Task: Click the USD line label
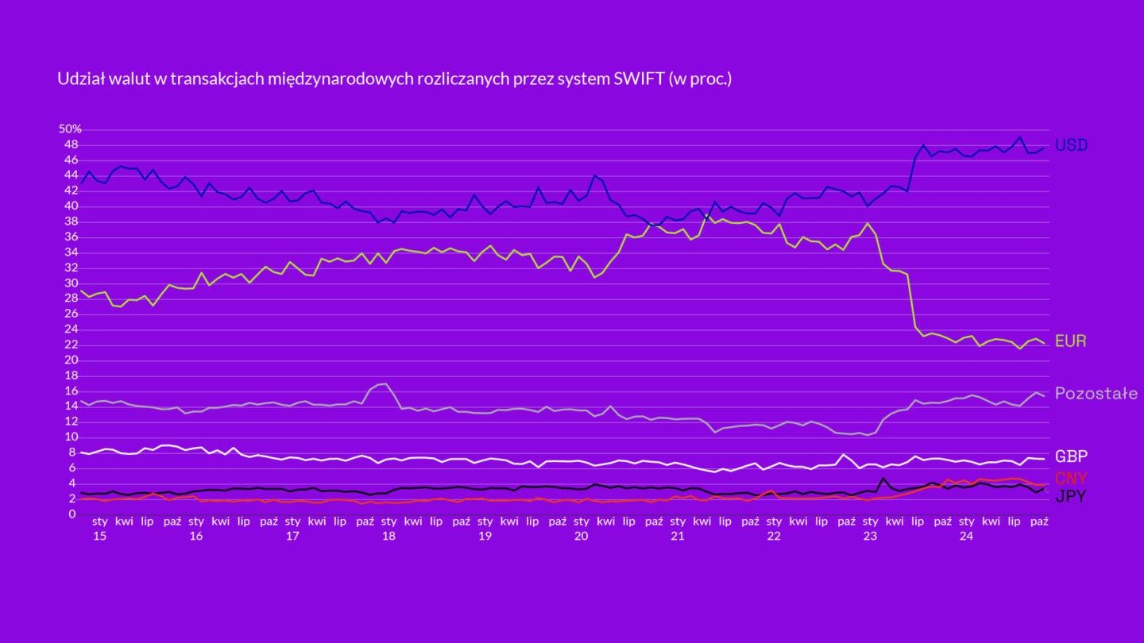1071,145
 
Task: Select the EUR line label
1070,341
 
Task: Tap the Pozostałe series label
1096,394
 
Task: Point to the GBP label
1071,456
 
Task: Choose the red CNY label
1071,478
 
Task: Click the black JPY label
1070,497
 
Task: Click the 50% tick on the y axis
70,129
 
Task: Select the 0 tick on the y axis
71,514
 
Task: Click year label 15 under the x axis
100,537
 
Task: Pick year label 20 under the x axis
582,537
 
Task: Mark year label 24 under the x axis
966,537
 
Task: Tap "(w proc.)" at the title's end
700,79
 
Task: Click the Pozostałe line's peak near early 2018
385,384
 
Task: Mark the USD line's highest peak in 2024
1020,137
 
